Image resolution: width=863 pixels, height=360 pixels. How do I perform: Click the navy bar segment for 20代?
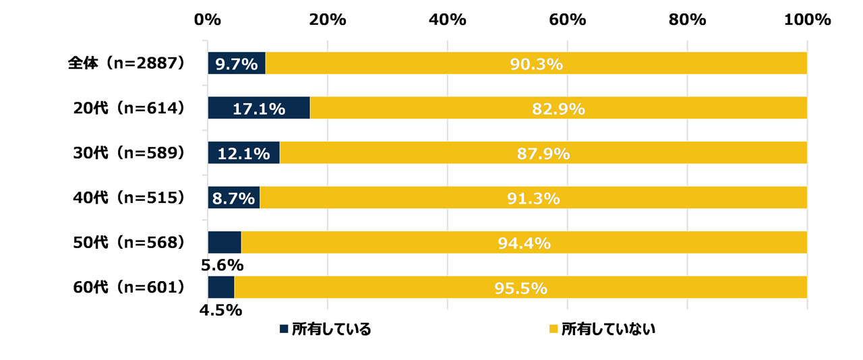pos(258,108)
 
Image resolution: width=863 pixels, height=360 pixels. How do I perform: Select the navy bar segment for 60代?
pos(220,287)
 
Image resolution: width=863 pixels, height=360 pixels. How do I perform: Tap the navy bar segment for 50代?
pos(224,243)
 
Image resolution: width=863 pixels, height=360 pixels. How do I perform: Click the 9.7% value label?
pos(237,64)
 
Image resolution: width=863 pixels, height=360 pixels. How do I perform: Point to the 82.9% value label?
pos(558,109)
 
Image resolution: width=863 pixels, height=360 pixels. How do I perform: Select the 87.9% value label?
pos(543,154)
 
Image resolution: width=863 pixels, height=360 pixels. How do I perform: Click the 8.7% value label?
pos(233,198)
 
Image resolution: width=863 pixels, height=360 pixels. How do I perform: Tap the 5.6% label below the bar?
pos(222,265)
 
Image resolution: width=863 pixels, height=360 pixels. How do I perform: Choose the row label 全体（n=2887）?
pos(126,63)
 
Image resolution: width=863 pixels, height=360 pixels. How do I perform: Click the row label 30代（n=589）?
pos(129,153)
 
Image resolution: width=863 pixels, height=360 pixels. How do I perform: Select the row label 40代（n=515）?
pos(129,198)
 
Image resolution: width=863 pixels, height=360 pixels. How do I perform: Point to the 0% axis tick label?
pos(207,20)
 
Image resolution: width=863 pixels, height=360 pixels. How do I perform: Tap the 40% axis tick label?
pos(448,20)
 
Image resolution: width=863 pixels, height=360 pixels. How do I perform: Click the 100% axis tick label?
pos(807,20)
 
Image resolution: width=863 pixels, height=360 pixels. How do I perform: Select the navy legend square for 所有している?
pos(284,330)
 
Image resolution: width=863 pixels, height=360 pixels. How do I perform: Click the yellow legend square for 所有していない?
pos(554,330)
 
